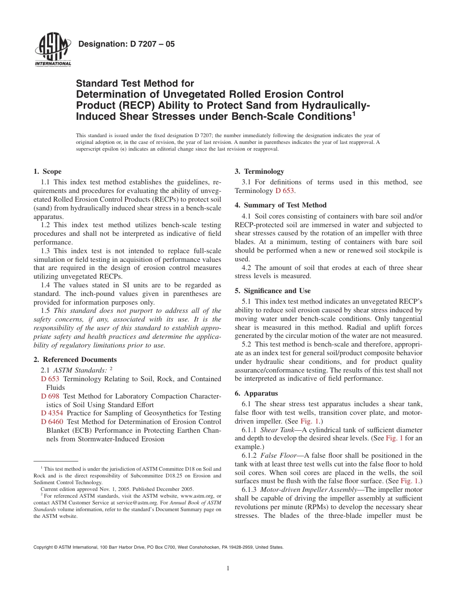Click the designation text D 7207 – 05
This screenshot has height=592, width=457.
pyautogui.click(x=126, y=44)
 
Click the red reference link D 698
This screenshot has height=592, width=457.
pyautogui.click(x=50, y=396)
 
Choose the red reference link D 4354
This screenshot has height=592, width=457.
pyautogui.click(x=52, y=413)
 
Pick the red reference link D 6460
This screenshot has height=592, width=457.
pyautogui.click(x=52, y=422)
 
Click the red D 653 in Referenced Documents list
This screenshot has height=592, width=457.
pyautogui.click(x=50, y=379)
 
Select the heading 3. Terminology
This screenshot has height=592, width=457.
pyautogui.click(x=259, y=171)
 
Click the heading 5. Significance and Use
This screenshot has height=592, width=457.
pyautogui.click(x=272, y=291)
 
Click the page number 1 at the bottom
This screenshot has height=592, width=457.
pyautogui.click(x=228, y=568)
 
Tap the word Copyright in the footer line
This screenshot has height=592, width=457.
pyautogui.click(x=42, y=547)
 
